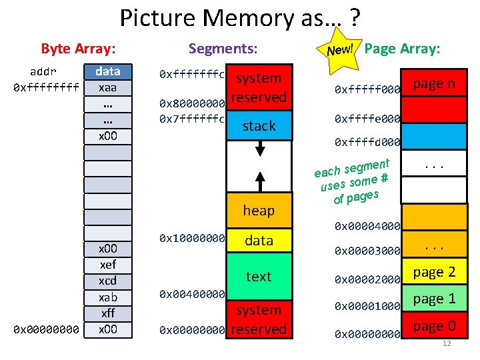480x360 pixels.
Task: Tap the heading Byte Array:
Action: (x=79, y=49)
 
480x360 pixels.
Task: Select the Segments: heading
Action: (x=223, y=49)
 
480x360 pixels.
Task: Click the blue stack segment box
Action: (x=259, y=125)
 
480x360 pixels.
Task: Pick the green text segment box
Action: (x=259, y=276)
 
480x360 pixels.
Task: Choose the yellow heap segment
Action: (x=259, y=211)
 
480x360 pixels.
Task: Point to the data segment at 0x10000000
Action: (x=259, y=241)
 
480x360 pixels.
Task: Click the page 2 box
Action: (x=434, y=272)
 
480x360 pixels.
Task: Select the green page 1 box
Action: (x=434, y=299)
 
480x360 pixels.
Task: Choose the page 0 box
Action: (x=434, y=327)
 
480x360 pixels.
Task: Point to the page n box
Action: (x=434, y=84)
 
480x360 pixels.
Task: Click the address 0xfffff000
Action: (x=367, y=89)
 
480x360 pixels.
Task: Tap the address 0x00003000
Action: (x=367, y=251)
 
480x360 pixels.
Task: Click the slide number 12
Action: (x=447, y=343)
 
